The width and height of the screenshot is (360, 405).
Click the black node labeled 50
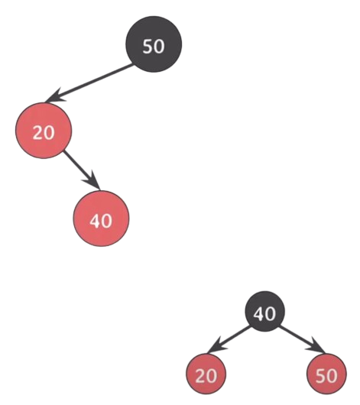click(154, 44)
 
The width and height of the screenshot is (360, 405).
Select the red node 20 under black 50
click(44, 131)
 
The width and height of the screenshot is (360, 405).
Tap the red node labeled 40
click(101, 219)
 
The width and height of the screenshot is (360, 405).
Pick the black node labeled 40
click(265, 312)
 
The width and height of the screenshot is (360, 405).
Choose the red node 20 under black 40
click(206, 374)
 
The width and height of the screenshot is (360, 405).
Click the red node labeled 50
click(326, 374)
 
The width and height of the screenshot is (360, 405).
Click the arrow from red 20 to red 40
click(82, 170)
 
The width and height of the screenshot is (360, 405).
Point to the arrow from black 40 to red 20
click(229, 340)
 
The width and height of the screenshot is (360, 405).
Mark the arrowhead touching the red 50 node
click(316, 346)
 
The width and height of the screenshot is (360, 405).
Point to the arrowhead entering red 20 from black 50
click(54, 96)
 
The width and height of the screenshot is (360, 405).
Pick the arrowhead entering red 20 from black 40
click(216, 345)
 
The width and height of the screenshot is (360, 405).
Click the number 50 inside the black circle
click(154, 47)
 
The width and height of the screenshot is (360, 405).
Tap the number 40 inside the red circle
click(101, 221)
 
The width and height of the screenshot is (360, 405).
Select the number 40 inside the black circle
click(264, 313)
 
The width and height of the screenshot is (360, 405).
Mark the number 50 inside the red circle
click(326, 376)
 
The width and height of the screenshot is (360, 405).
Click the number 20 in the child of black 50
click(44, 133)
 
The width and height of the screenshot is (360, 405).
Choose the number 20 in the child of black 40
click(206, 376)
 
